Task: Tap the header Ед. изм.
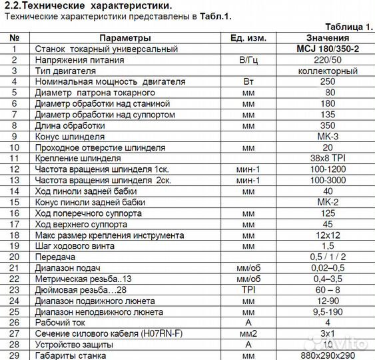click(x=248, y=38)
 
